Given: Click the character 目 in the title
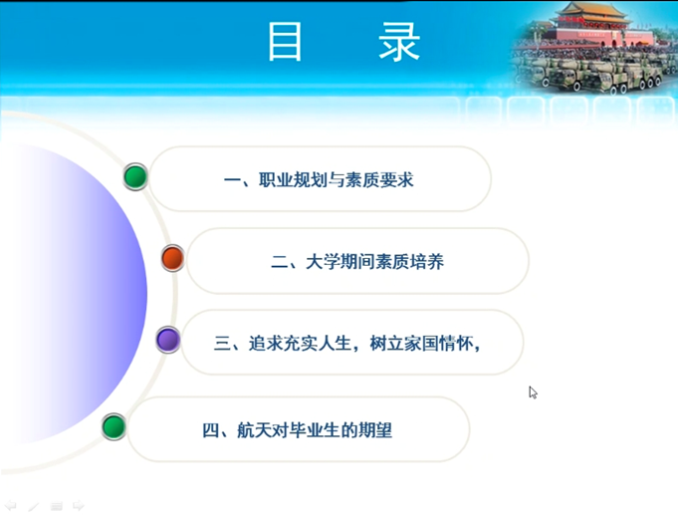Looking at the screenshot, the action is (x=285, y=42).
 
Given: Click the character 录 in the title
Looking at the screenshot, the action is (x=399, y=42).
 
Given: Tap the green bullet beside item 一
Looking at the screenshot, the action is (x=135, y=176).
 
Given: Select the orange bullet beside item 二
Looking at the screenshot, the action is (x=172, y=258).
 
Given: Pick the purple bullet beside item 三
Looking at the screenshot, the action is (x=168, y=340).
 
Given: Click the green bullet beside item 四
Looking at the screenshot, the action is (x=113, y=426).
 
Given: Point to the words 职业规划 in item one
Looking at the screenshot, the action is (x=293, y=180).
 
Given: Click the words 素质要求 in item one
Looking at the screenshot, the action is (x=379, y=180).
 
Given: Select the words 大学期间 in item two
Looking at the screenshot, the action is (x=339, y=262).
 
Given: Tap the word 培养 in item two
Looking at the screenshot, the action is (x=427, y=262).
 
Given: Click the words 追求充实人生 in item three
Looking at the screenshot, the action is (x=300, y=344).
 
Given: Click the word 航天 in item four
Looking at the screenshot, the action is (x=254, y=430).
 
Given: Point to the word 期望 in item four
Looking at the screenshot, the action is (x=375, y=430).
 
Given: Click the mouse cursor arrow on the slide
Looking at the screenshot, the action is (x=533, y=391).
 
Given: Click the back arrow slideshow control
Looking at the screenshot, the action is (x=10, y=506).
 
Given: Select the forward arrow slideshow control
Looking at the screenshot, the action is (x=79, y=506).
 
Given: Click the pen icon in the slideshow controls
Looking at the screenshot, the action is (x=33, y=506).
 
